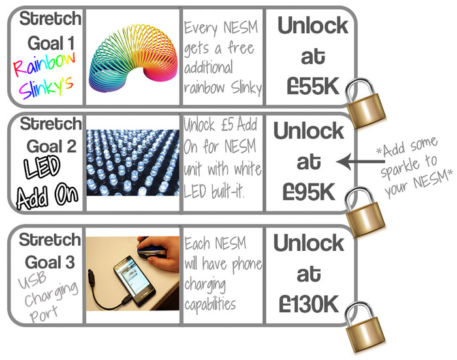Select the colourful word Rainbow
[x=43, y=66]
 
